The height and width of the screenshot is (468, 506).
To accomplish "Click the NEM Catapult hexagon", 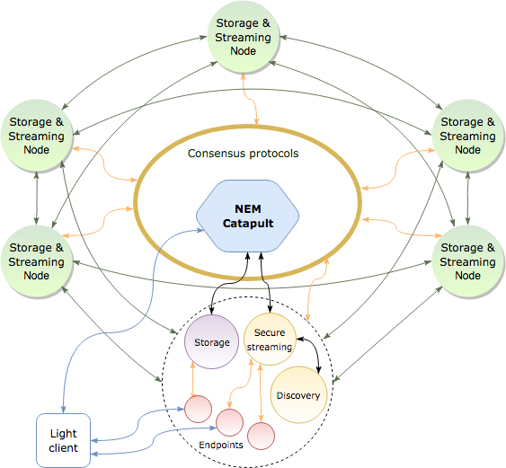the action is pyautogui.click(x=247, y=216).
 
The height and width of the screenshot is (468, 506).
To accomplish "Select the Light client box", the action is pyautogui.click(x=63, y=440).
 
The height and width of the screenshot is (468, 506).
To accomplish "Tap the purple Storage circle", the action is pyautogui.click(x=212, y=342).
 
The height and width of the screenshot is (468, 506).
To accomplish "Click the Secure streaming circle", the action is pyautogui.click(x=270, y=340).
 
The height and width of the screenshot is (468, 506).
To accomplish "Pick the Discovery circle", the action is pyautogui.click(x=298, y=394).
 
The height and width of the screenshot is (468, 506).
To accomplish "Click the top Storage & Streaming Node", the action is pyautogui.click(x=243, y=37).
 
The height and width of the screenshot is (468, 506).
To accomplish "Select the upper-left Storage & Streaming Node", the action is pyautogui.click(x=37, y=136).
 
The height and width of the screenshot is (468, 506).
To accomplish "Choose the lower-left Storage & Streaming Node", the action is pyautogui.click(x=37, y=261).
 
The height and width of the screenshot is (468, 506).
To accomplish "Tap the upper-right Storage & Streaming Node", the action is pyautogui.click(x=467, y=136).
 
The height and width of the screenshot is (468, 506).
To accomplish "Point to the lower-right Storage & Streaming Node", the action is pyautogui.click(x=467, y=261).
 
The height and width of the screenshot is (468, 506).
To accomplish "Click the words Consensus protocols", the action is pyautogui.click(x=243, y=154).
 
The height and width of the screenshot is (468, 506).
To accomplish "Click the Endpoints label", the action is pyautogui.click(x=221, y=446).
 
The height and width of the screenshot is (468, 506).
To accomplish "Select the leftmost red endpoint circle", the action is pyautogui.click(x=198, y=409).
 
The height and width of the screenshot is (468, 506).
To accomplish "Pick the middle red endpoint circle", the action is pyautogui.click(x=229, y=422).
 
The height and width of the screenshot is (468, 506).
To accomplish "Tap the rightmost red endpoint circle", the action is pyautogui.click(x=262, y=436).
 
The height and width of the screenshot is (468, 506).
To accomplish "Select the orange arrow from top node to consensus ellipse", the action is pyautogui.click(x=250, y=99).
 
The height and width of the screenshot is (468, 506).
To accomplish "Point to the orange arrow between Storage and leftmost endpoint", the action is pyautogui.click(x=193, y=379).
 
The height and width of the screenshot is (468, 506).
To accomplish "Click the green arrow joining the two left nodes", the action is pyautogui.click(x=37, y=199).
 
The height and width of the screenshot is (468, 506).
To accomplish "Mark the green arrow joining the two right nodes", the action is pyautogui.click(x=467, y=199).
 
